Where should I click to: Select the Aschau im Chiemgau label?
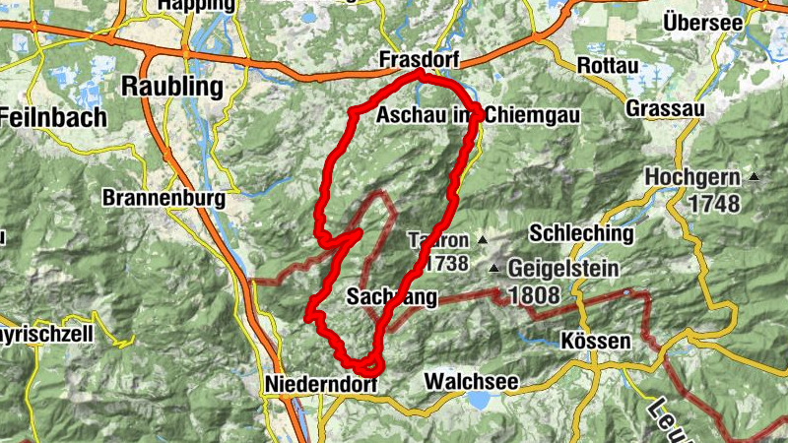tap(479, 116)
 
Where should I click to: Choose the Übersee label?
tap(701, 22)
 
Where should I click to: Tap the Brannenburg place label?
tap(164, 198)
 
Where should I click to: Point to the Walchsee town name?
tap(471, 380)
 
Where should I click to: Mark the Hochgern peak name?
tap(693, 177)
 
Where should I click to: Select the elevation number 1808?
tap(534, 293)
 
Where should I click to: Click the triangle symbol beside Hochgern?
tap(755, 177)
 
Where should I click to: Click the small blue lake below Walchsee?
tap(479, 400)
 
